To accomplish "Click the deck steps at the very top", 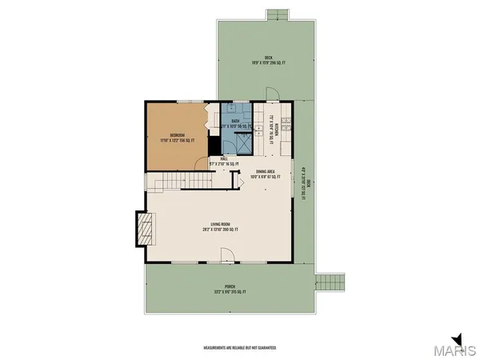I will (277, 14).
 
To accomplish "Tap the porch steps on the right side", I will (329, 283).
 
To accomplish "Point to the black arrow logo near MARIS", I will (456, 339).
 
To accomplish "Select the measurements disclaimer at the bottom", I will (239, 348).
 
